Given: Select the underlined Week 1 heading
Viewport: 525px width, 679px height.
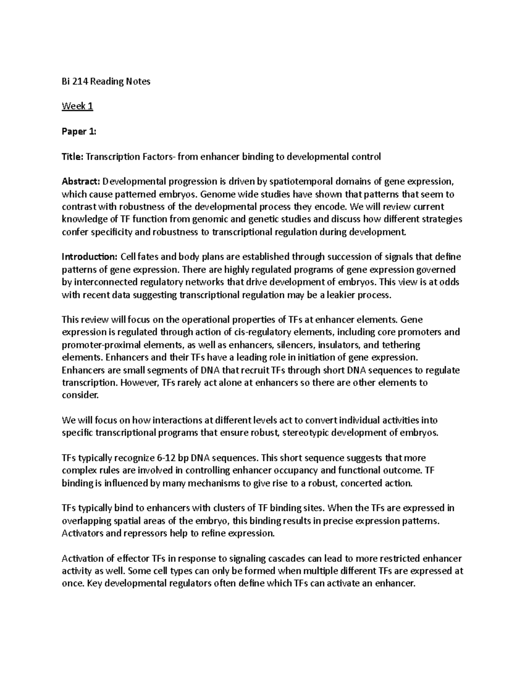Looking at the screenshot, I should [77, 106].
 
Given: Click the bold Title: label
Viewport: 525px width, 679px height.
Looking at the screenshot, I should [72, 157].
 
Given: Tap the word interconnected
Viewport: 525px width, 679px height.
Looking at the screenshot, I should [103, 282].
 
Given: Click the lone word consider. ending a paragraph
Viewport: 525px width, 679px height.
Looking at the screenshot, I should [81, 395].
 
